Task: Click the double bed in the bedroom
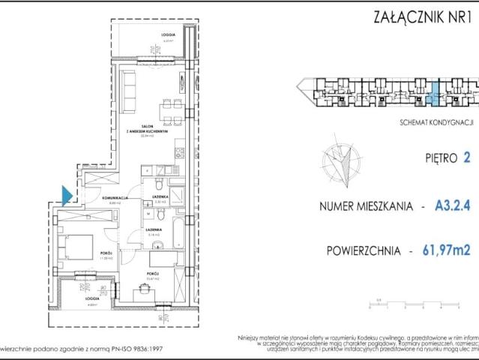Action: click(76, 246)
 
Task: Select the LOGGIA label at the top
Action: click(168, 35)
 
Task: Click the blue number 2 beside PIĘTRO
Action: click(467, 157)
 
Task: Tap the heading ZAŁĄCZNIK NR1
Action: click(420, 16)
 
